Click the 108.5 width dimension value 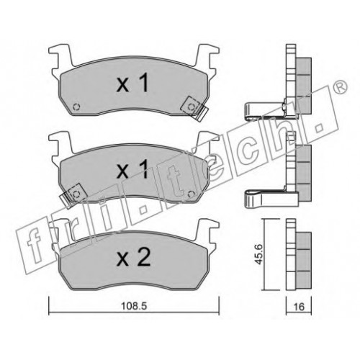(x=134, y=306)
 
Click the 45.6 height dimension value (x=258, y=254)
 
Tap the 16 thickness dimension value (x=299, y=307)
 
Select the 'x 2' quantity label (x=133, y=257)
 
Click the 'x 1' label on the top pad (x=132, y=83)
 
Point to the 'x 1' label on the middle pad (x=132, y=170)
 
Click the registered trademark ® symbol (x=341, y=87)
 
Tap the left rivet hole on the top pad (x=76, y=107)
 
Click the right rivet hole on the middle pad (x=192, y=194)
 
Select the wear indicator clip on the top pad (x=194, y=109)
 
